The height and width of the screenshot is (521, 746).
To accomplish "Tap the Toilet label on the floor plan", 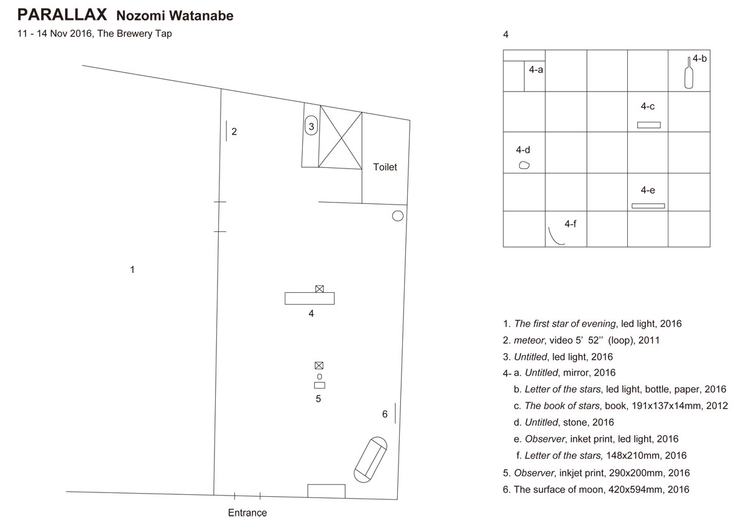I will (385, 167).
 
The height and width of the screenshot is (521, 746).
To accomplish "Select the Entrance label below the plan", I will (247, 513).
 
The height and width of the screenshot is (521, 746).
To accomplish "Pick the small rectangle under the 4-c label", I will (648, 125).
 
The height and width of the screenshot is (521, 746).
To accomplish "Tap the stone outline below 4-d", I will (524, 165).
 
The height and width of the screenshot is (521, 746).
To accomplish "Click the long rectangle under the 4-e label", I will (648, 206).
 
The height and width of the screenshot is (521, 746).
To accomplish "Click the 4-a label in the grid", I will (536, 70).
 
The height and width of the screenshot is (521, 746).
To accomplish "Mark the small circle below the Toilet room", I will (398, 216).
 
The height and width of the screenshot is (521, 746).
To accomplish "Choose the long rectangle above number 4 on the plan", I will (310, 298).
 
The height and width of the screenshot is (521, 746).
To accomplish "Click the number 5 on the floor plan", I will (318, 399).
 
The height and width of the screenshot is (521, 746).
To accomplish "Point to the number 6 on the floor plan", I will (385, 414).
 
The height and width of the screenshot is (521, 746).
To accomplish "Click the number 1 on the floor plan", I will (132, 269).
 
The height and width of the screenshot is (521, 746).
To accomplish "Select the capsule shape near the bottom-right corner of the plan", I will (371, 459).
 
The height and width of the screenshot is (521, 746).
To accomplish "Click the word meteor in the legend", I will (528, 340).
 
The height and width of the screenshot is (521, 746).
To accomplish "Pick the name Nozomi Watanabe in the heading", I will (175, 16).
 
